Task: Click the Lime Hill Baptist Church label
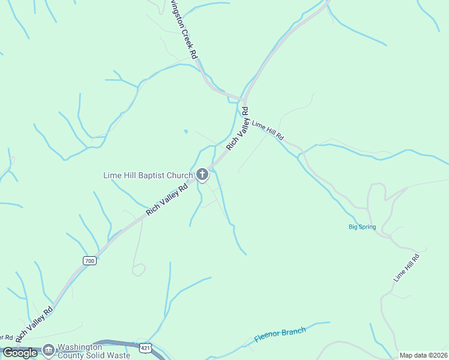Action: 148,175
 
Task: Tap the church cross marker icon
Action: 202,175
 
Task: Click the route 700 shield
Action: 89,260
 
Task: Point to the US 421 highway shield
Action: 145,347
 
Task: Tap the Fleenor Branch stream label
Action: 280,334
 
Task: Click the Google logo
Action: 20,353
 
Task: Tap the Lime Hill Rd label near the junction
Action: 268,130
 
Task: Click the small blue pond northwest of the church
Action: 186,131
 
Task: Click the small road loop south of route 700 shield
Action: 139,270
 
